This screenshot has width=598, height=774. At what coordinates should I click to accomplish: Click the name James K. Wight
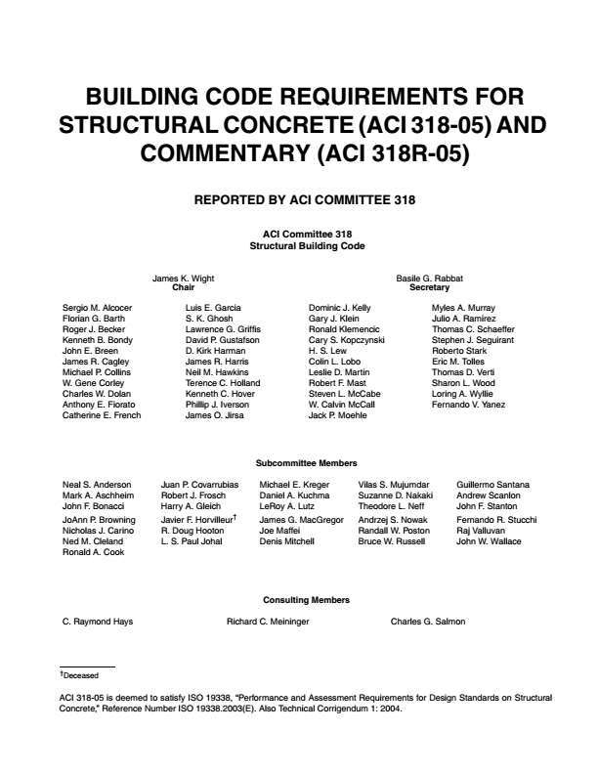(x=184, y=279)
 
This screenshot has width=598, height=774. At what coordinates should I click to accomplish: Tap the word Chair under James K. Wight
(x=184, y=288)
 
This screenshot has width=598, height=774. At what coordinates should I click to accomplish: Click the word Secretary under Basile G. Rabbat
(x=429, y=288)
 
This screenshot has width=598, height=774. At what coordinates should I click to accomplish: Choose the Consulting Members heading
(x=306, y=599)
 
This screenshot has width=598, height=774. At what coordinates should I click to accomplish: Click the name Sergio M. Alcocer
(x=97, y=308)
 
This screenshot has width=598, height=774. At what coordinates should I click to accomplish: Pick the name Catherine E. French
(x=102, y=415)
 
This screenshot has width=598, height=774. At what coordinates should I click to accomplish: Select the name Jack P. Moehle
(x=338, y=415)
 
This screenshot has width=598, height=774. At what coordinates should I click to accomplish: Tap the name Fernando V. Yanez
(x=469, y=405)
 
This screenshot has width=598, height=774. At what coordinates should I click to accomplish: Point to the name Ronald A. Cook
(x=93, y=552)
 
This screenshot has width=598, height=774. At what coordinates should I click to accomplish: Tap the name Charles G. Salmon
(x=428, y=622)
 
